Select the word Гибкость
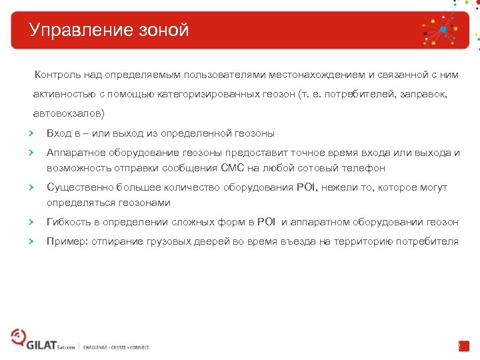(x=68, y=222)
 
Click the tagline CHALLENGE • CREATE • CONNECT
(x=117, y=347)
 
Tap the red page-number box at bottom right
(x=463, y=346)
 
